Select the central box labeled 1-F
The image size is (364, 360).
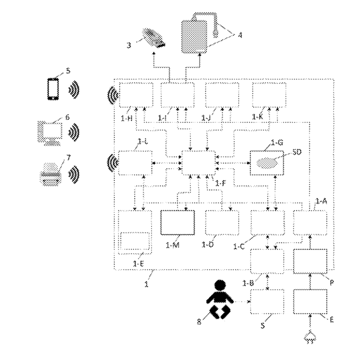point(199,163)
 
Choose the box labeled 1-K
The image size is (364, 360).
point(270,94)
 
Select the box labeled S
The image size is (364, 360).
point(267,301)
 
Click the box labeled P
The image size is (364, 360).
point(310,261)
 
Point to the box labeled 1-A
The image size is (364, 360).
point(310,223)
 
